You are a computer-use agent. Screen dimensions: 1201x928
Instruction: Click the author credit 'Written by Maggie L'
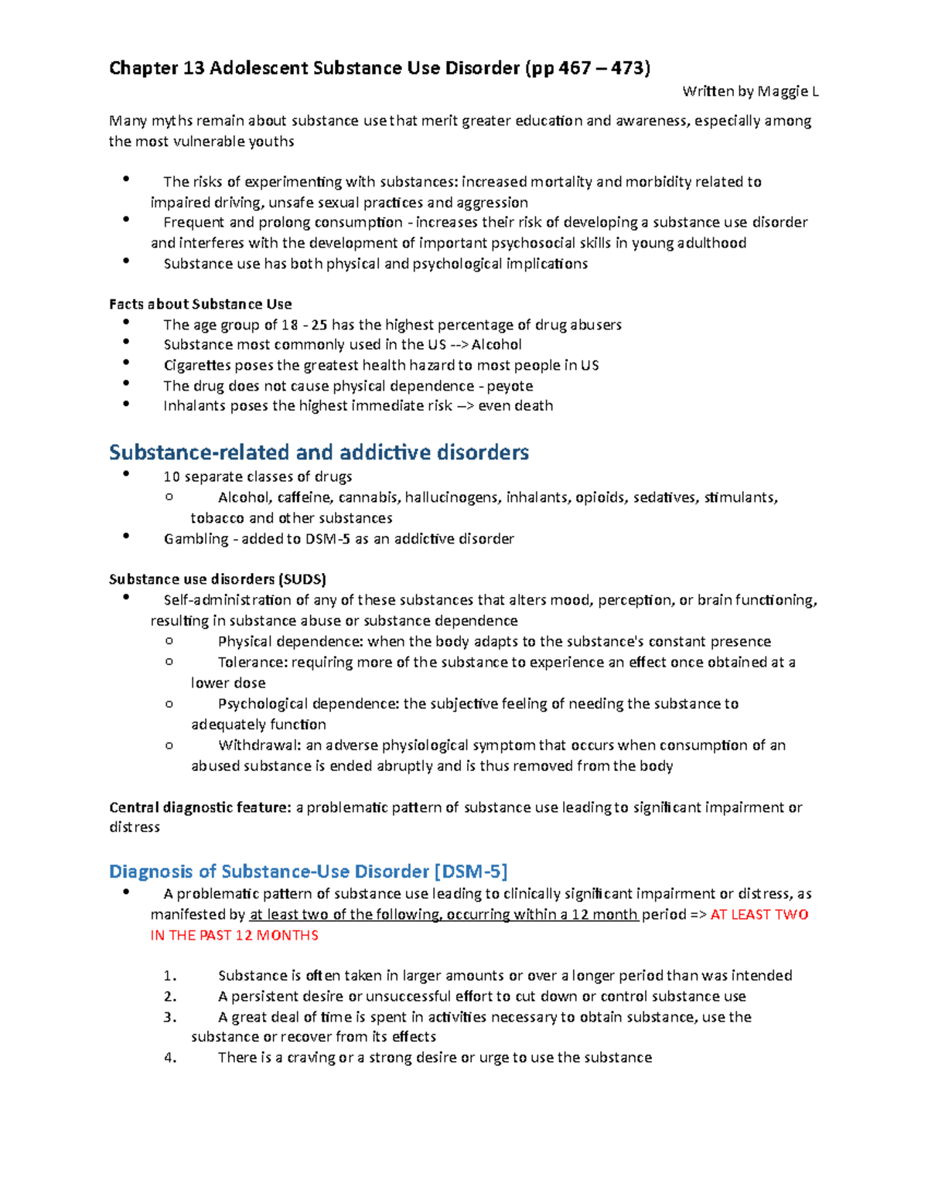click(x=749, y=91)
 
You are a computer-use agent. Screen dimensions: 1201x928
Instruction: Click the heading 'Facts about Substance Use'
click(x=200, y=304)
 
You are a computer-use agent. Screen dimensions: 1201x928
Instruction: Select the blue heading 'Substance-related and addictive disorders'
click(x=319, y=452)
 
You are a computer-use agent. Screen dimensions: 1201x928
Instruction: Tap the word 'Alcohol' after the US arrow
click(x=496, y=345)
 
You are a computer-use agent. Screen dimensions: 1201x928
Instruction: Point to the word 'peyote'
click(x=510, y=386)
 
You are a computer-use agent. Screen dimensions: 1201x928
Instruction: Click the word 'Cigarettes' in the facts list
click(x=197, y=365)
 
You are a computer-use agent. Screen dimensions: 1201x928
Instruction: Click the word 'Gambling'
click(x=196, y=539)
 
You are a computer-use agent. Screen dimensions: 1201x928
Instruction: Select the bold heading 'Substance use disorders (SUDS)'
click(x=217, y=579)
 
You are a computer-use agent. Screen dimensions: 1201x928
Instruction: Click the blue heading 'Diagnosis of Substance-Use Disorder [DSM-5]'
click(x=308, y=872)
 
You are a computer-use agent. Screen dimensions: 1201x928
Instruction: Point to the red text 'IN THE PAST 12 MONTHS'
click(x=234, y=936)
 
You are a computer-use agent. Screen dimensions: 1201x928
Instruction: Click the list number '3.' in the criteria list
click(x=170, y=1018)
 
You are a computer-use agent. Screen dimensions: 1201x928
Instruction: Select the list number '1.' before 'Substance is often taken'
click(x=170, y=976)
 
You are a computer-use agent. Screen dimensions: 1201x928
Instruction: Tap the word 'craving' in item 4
click(x=311, y=1058)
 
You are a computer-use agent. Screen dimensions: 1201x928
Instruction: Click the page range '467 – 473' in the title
click(x=602, y=68)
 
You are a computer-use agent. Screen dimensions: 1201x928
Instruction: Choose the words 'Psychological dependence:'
click(x=309, y=704)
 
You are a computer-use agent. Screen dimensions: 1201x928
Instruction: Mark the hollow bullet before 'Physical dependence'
click(x=169, y=640)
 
